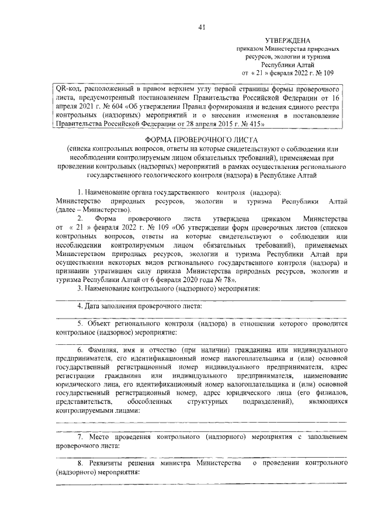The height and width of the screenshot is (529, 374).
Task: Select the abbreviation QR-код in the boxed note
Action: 65,87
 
